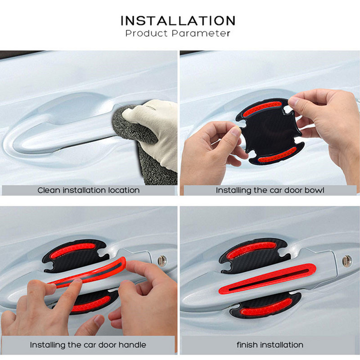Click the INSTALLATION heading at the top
[x=178, y=21]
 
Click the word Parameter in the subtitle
[x=201, y=33]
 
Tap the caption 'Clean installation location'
[x=88, y=190]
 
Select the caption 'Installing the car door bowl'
[x=270, y=190]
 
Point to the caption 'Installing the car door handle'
[x=88, y=345]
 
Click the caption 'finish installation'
[x=270, y=345]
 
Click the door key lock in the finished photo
[x=347, y=261]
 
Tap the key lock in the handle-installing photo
[x=162, y=261]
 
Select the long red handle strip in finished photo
[x=267, y=278]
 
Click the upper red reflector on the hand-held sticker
[x=262, y=109]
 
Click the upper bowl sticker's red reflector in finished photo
[x=251, y=249]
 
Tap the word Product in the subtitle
[x=147, y=33]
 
